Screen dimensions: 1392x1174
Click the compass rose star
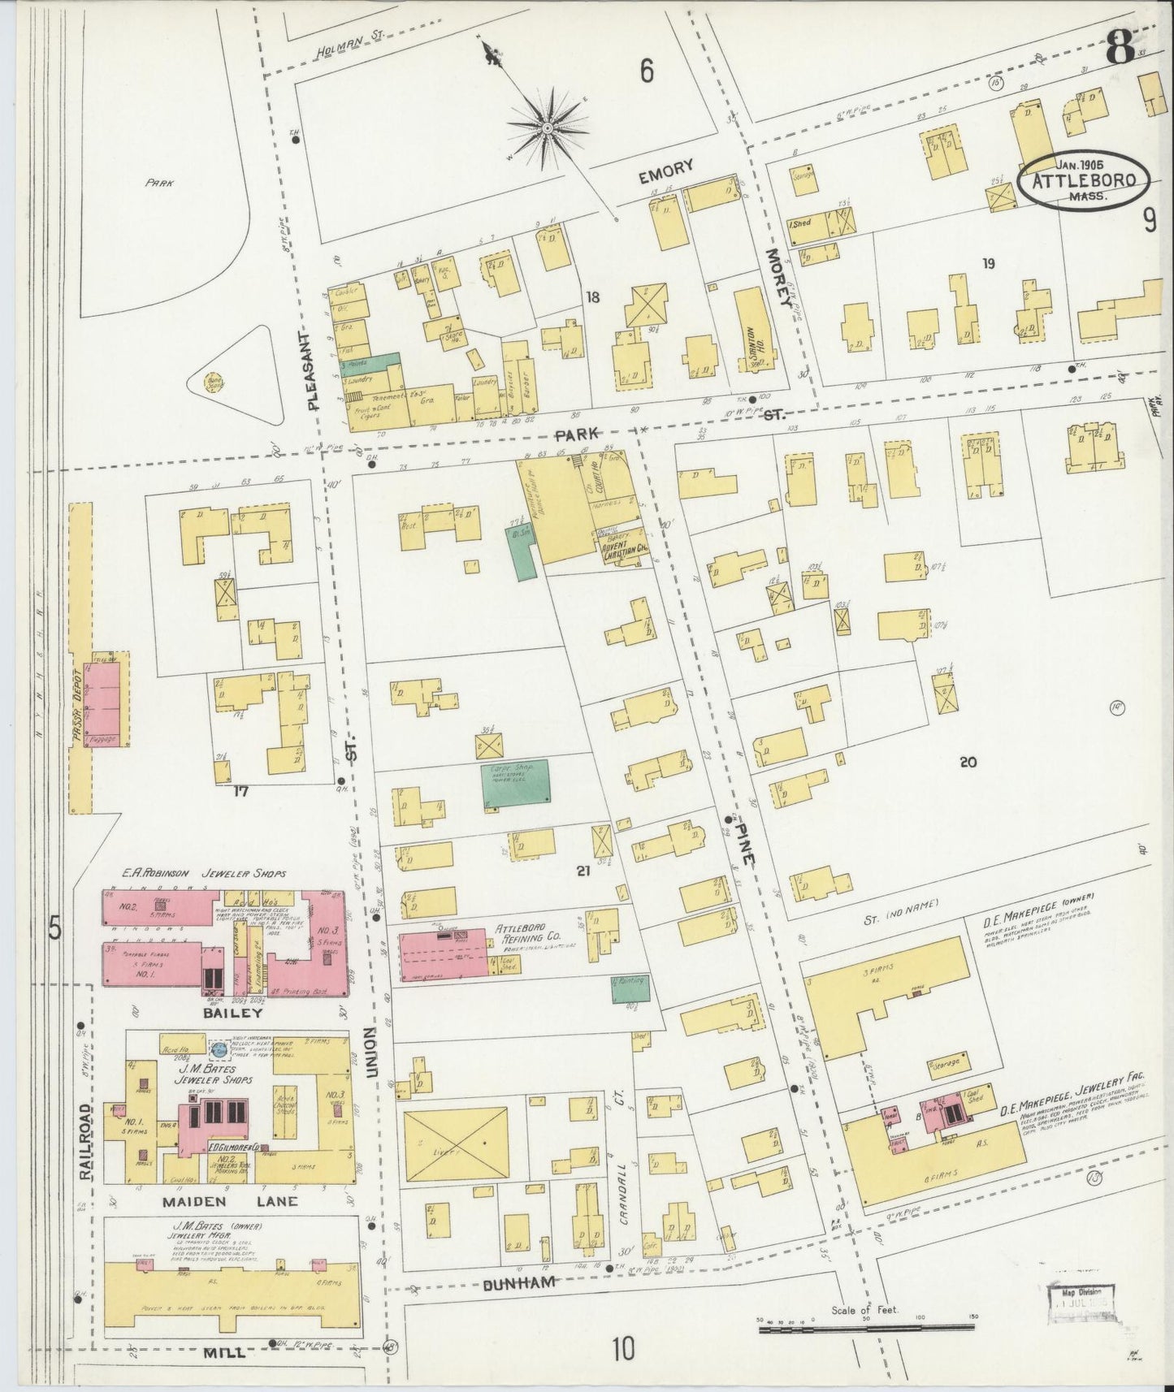coord(548,128)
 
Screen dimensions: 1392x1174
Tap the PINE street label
coord(745,845)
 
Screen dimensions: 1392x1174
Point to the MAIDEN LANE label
coord(229,1201)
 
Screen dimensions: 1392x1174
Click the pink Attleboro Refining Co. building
coord(444,952)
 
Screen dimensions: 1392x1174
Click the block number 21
coord(582,871)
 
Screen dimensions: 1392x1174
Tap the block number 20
coord(968,762)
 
